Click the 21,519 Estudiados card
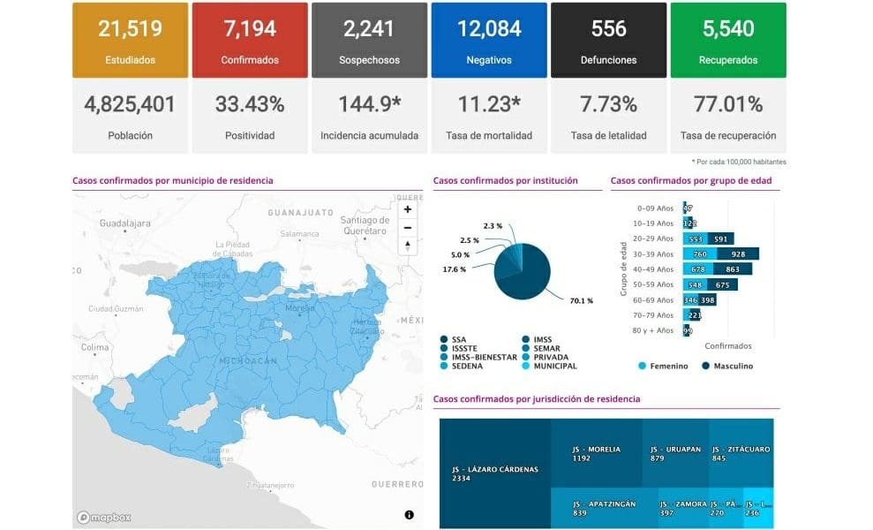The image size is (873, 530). (x=130, y=40)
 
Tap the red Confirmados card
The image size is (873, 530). (x=250, y=40)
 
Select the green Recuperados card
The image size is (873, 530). (x=727, y=40)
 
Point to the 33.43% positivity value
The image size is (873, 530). (x=250, y=104)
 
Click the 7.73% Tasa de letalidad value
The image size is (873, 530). (x=608, y=104)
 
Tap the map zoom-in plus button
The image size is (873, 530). (x=408, y=210)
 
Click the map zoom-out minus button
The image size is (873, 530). (x=408, y=228)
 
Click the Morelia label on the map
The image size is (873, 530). (x=300, y=308)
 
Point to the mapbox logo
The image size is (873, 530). (x=104, y=517)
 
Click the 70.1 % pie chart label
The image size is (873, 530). (x=581, y=301)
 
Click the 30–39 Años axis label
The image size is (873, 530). (x=654, y=254)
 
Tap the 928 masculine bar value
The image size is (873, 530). (x=737, y=254)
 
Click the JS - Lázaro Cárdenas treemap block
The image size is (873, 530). (x=494, y=473)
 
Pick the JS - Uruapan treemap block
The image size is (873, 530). (x=674, y=453)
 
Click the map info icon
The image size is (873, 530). (x=410, y=514)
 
